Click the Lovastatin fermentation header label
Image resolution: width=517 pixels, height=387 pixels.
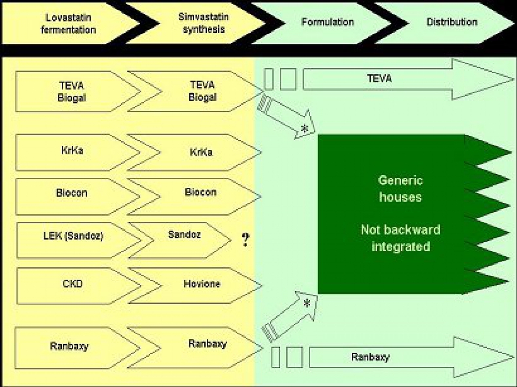[x=68, y=23]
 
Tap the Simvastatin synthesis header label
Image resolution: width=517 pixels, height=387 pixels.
[x=204, y=23]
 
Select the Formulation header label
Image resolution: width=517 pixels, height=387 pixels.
[x=328, y=22]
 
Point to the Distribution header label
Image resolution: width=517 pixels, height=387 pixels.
[x=452, y=22]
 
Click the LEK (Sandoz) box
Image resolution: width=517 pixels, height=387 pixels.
[x=74, y=236]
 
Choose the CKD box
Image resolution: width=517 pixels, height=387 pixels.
[x=73, y=284]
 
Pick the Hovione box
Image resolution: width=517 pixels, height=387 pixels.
[x=202, y=284]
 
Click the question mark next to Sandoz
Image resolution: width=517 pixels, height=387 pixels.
[x=245, y=240]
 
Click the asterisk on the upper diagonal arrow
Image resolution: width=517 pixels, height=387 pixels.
[x=305, y=129]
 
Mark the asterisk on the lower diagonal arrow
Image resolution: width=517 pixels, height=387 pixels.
[x=307, y=303]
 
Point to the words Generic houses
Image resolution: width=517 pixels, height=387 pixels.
[x=400, y=189]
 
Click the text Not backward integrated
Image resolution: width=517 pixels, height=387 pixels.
[x=400, y=238]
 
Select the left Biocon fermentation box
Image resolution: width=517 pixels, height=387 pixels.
[x=72, y=193]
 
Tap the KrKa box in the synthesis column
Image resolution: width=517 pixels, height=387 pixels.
[x=201, y=153]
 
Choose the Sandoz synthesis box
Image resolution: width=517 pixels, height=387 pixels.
[x=185, y=235]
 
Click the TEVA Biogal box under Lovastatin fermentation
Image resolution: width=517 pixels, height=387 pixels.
[x=72, y=92]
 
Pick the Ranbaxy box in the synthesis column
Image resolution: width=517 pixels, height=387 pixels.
[x=208, y=344]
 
